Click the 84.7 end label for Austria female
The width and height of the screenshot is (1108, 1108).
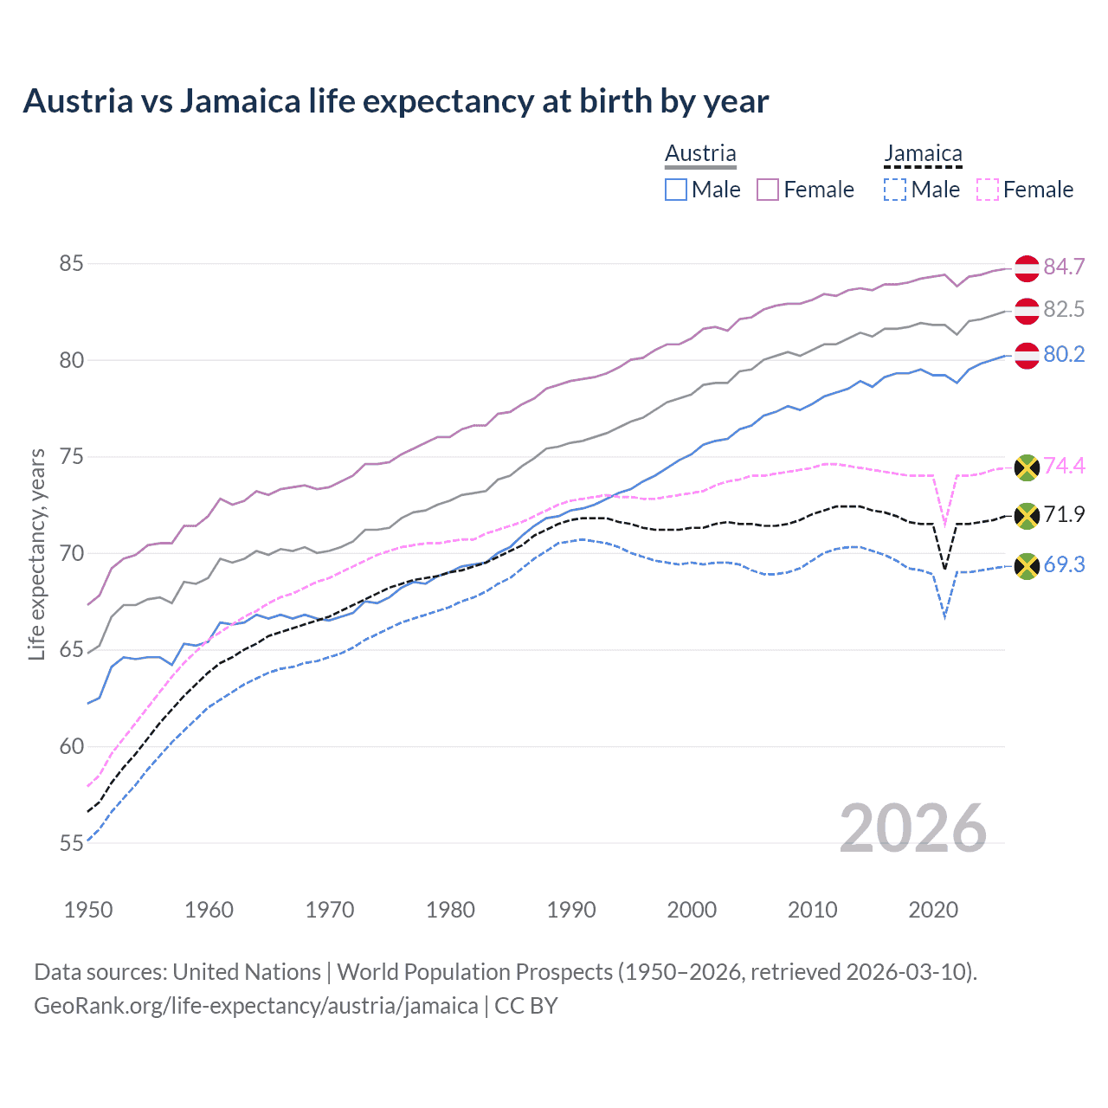pos(1064,267)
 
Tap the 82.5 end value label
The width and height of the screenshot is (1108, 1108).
pos(1064,310)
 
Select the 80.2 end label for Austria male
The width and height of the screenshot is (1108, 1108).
pos(1064,355)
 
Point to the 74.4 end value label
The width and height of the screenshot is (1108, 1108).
pos(1064,467)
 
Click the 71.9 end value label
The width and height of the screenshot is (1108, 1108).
pos(1064,515)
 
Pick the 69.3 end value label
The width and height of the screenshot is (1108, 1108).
pos(1064,565)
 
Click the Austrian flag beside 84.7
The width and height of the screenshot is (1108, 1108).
pos(1027,268)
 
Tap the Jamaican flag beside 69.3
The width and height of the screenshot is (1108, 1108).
pos(1027,566)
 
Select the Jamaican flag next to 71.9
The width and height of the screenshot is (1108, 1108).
pos(1027,517)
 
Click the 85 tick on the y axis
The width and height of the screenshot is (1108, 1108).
pos(71,263)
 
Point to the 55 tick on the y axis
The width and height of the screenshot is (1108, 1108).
pos(71,843)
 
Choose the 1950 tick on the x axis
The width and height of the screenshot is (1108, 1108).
pos(88,910)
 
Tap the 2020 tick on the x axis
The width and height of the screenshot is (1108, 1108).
pos(933,910)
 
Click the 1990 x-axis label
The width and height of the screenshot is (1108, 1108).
pos(571,910)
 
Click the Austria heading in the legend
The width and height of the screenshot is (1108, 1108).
pos(700,153)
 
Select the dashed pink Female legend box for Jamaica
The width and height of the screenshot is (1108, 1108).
pos(987,190)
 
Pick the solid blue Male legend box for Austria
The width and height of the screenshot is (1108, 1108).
pos(676,190)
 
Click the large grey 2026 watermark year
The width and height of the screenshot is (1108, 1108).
pos(913,829)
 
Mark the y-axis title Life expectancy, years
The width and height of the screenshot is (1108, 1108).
pos(36,554)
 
